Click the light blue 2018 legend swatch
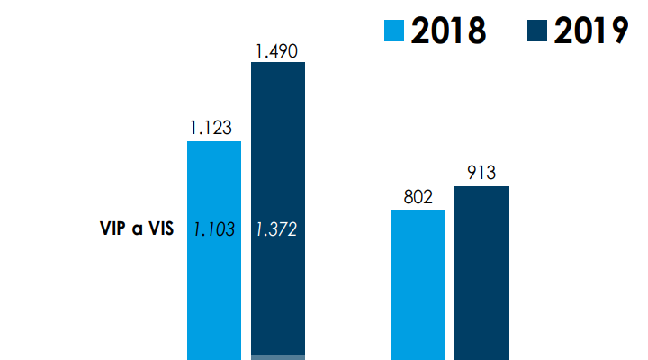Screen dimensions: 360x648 tap(395, 30)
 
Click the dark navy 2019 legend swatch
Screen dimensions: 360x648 tap(537, 30)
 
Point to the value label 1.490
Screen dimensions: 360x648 tap(276, 51)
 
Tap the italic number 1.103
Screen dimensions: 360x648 tap(214, 229)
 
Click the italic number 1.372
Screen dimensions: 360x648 tap(276, 229)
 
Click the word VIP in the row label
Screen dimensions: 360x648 tap(113, 229)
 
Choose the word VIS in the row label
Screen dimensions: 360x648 tap(158, 229)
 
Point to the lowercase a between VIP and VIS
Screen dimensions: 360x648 tap(137, 229)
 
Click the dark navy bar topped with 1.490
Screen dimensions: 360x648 tap(278, 162)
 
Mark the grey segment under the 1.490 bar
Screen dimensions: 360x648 tap(278, 356)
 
